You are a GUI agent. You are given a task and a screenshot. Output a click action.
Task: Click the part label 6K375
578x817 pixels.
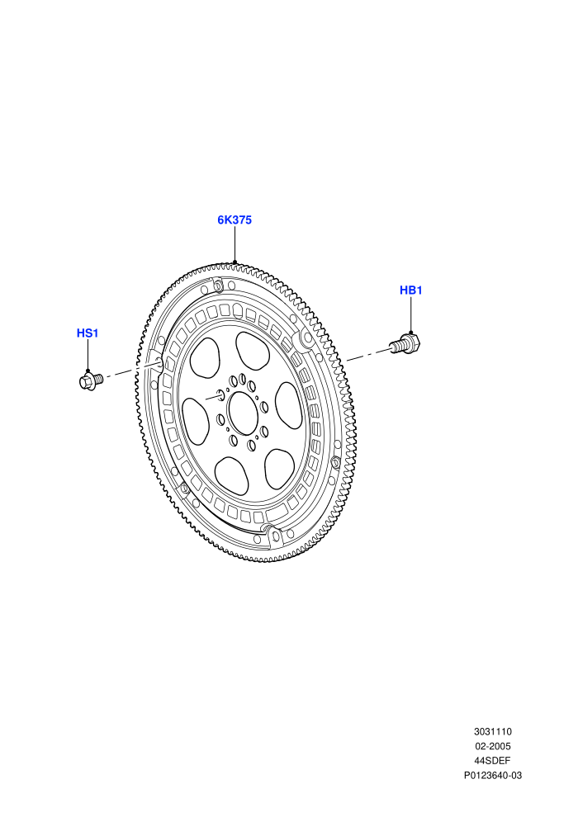[235, 220]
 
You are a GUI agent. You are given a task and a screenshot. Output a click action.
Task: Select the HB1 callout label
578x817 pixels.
[410, 290]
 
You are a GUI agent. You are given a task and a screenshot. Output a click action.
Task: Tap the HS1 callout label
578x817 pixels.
[88, 333]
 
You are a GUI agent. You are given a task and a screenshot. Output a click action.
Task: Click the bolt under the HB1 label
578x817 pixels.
[405, 344]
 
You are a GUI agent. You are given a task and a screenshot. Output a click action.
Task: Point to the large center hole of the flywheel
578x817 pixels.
[244, 413]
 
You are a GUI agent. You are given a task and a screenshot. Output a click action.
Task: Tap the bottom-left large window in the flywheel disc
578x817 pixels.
[231, 475]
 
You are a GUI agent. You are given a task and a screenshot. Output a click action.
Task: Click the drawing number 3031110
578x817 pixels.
[492, 731]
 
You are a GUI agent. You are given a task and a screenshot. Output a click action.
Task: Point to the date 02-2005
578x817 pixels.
[492, 746]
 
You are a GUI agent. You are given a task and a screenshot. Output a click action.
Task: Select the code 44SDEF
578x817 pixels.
[492, 761]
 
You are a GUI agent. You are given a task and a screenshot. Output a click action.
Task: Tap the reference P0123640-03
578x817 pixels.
[492, 775]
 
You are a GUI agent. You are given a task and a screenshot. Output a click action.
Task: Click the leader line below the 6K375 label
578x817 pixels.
[235, 244]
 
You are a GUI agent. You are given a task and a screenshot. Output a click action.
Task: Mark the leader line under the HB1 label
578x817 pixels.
[410, 315]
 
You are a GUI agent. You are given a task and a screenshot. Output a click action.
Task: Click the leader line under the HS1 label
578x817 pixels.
[88, 356]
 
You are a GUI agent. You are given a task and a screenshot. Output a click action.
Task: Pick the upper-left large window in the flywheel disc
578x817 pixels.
[205, 357]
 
